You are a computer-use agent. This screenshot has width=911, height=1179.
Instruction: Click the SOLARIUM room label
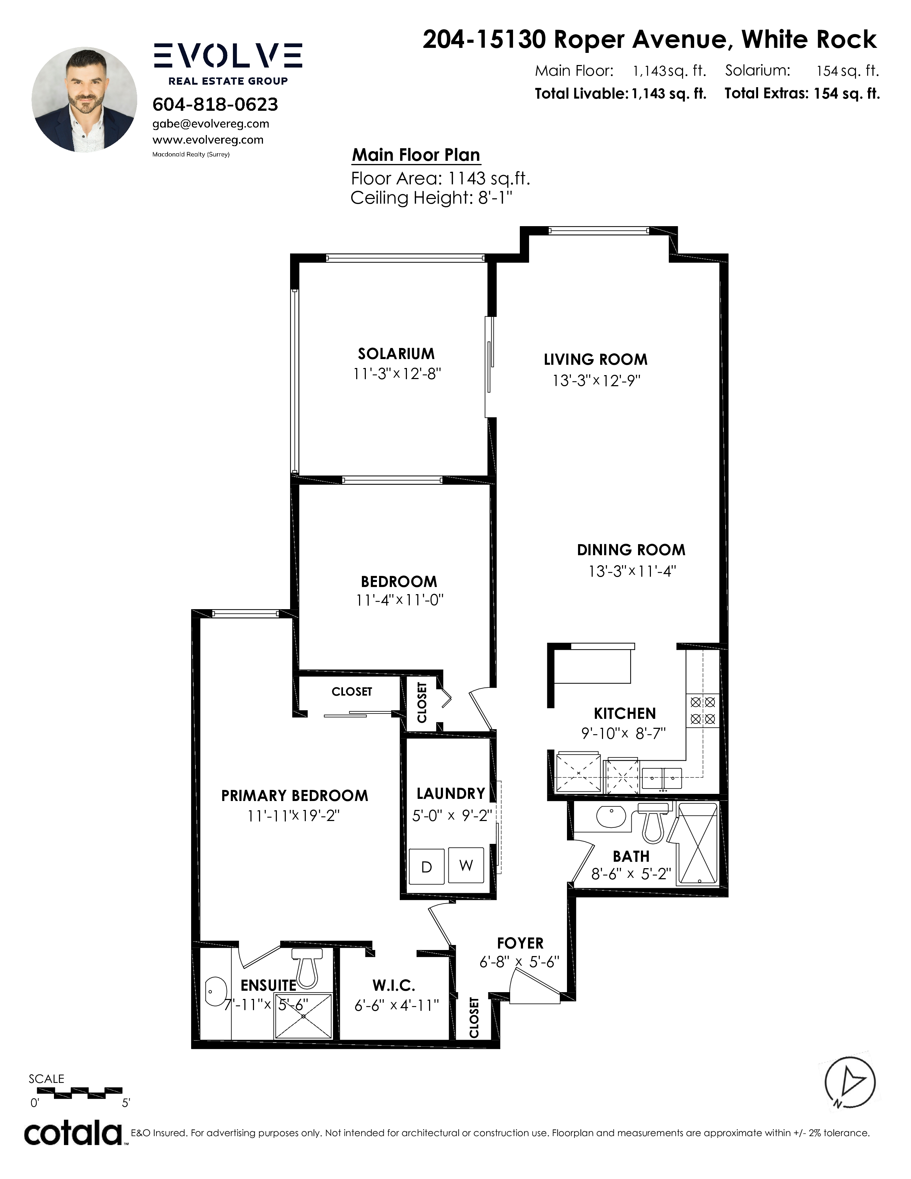coord(396,354)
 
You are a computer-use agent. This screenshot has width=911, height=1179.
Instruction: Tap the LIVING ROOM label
coord(595,359)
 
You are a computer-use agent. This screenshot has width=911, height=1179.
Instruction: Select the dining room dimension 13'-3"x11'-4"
coord(632,571)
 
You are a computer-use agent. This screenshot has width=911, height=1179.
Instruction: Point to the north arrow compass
coord(850,1083)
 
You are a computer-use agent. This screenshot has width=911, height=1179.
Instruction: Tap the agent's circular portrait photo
coord(84,99)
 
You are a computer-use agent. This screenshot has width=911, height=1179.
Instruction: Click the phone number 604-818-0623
coord(215,104)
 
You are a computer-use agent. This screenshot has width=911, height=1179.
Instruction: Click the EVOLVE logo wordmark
coord(228,56)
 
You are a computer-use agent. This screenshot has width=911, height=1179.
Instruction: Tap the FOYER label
coord(520,943)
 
